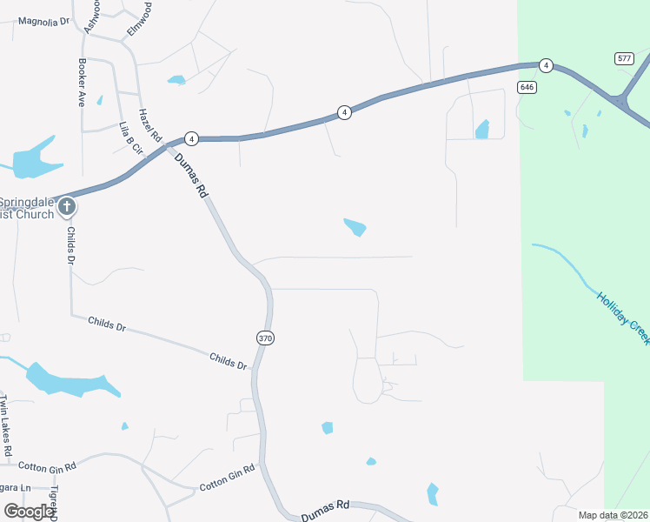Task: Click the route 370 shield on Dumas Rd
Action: pyautogui.click(x=266, y=338)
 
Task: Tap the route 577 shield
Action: pyautogui.click(x=623, y=58)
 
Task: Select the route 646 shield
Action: pyautogui.click(x=526, y=87)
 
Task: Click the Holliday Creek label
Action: pyautogui.click(x=622, y=317)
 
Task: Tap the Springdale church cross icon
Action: pyautogui.click(x=67, y=207)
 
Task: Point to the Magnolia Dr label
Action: pyautogui.click(x=43, y=21)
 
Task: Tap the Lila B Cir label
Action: pyautogui.click(x=130, y=138)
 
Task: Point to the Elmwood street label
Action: pyautogui.click(x=140, y=18)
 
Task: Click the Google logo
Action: pyautogui.click(x=28, y=512)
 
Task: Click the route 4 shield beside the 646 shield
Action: pyautogui.click(x=545, y=65)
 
